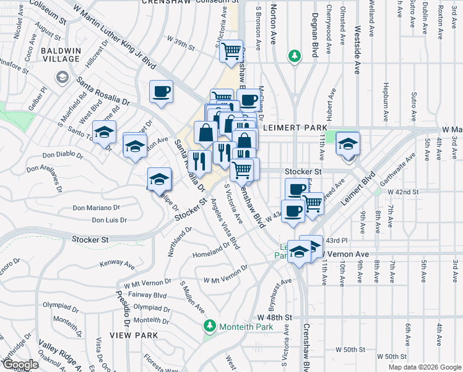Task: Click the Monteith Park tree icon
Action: (x=210, y=325)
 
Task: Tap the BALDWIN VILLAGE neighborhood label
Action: (x=60, y=54)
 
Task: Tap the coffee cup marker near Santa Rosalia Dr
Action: (x=161, y=93)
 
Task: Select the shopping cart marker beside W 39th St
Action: (x=231, y=51)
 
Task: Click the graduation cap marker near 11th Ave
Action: (x=348, y=144)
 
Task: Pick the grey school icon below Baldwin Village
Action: (x=63, y=77)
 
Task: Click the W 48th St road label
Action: (x=274, y=317)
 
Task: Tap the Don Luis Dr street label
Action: (x=109, y=220)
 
